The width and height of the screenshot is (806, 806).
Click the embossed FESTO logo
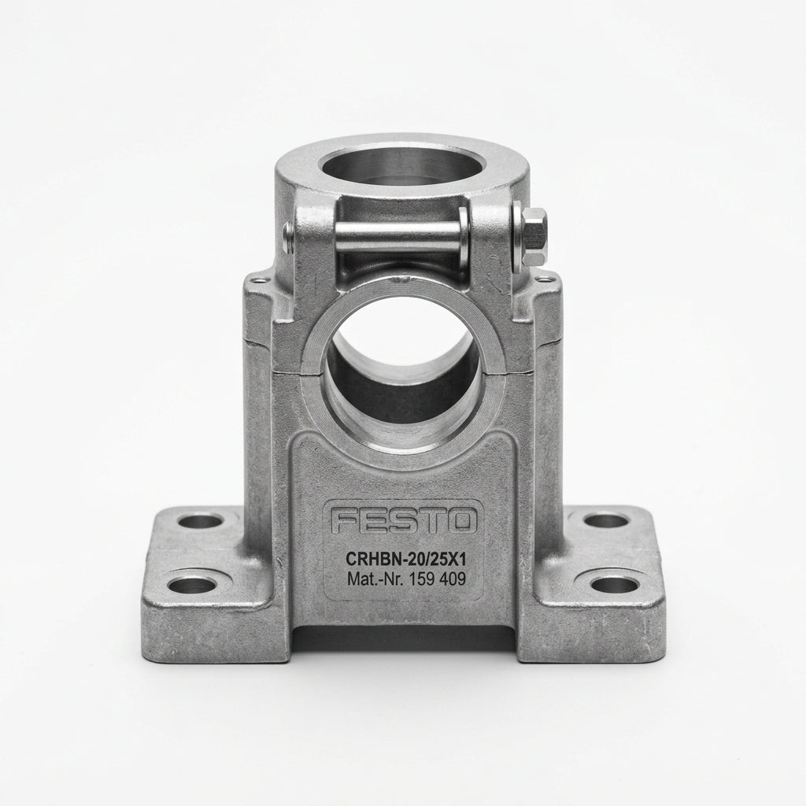pyautogui.click(x=403, y=521)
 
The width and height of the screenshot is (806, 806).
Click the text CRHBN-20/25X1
pyautogui.click(x=405, y=558)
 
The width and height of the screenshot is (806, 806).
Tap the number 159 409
pyautogui.click(x=437, y=579)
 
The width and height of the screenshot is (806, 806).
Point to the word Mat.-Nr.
pyautogui.click(x=375, y=579)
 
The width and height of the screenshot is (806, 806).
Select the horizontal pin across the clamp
pyautogui.click(x=398, y=236)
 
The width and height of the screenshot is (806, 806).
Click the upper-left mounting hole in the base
pyautogui.click(x=200, y=522)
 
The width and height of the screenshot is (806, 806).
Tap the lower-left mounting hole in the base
pyautogui.click(x=191, y=585)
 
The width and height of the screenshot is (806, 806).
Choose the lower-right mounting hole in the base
pyautogui.click(x=614, y=584)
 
